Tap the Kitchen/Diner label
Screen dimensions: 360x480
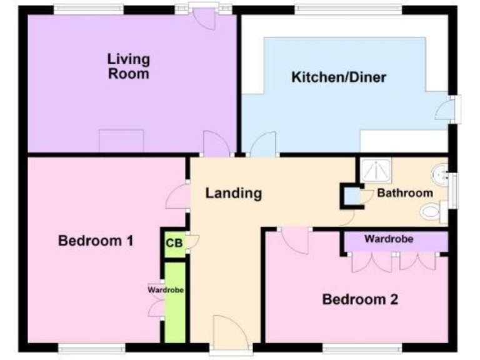pyautogui.click(x=339, y=78)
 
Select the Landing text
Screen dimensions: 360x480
pyautogui.click(x=234, y=193)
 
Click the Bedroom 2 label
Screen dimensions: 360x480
pyautogui.click(x=360, y=299)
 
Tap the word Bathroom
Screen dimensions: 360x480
pyautogui.click(x=405, y=193)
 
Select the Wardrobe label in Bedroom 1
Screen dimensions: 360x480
pyautogui.click(x=166, y=290)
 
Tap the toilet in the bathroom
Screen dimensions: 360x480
pyautogui.click(x=431, y=211)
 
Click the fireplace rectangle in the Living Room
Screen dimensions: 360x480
pyautogui.click(x=121, y=140)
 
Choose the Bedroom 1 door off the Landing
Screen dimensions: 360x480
pyautogui.click(x=176, y=197)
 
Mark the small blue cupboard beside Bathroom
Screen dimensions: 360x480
pyautogui.click(x=353, y=196)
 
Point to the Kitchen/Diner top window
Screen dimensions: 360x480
pyautogui.click(x=348, y=9)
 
